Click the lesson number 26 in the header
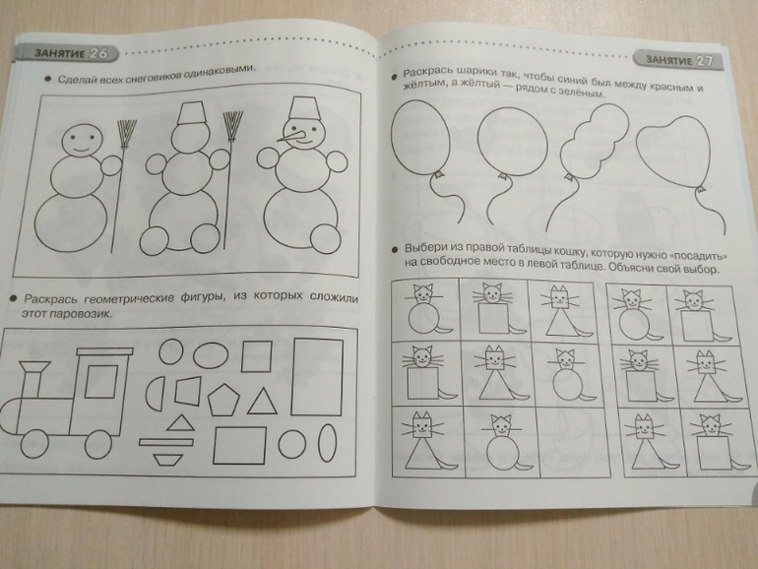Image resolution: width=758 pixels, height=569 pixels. pyautogui.click(x=98, y=53)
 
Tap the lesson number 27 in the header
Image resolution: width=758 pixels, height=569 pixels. pyautogui.click(x=704, y=61)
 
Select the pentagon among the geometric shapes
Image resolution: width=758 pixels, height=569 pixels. pyautogui.click(x=223, y=401)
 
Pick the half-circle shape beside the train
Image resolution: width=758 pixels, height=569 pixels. pyautogui.click(x=156, y=394)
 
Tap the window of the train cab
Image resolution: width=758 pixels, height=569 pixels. pyautogui.click(x=101, y=381)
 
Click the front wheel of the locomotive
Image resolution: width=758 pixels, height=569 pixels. pyautogui.click(x=33, y=444)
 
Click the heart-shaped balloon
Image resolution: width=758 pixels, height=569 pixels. pyautogui.click(x=673, y=153)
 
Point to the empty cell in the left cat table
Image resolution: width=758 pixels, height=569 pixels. pyautogui.click(x=573, y=441)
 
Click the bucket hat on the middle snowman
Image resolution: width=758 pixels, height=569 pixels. pyautogui.click(x=192, y=113)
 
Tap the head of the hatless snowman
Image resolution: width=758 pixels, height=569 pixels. pyautogui.click(x=83, y=140)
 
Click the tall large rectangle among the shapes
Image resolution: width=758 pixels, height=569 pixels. pyautogui.click(x=317, y=377)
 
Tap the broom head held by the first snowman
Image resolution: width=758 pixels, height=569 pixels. pyautogui.click(x=127, y=134)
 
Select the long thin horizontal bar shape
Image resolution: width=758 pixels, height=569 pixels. pyautogui.click(x=166, y=441)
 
